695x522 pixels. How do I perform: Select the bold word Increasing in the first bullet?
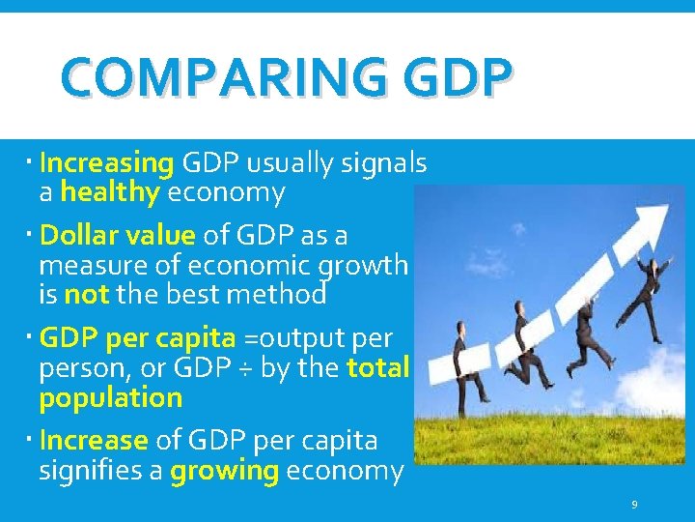[x=106, y=162]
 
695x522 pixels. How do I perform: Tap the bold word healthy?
[x=110, y=192]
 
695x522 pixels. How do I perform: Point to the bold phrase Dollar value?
[x=118, y=236]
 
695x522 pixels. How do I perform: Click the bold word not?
[x=86, y=293]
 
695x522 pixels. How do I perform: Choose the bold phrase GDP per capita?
[x=137, y=337]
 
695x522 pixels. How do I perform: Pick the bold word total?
[x=378, y=368]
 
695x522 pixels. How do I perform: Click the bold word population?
[x=111, y=398]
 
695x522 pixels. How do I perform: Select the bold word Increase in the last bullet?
[x=94, y=441]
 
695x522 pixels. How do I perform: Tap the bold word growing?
[x=224, y=471]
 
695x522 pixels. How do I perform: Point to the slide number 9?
[x=634, y=505]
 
